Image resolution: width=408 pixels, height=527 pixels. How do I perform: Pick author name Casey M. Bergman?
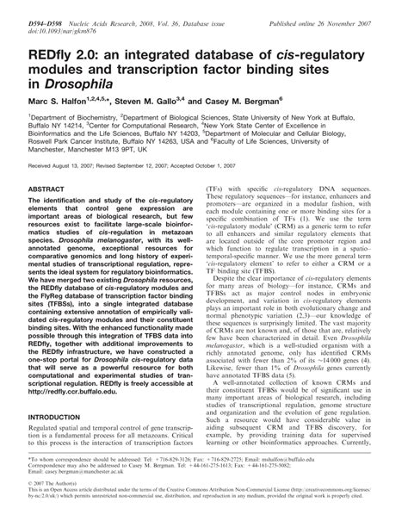[x=275, y=100]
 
